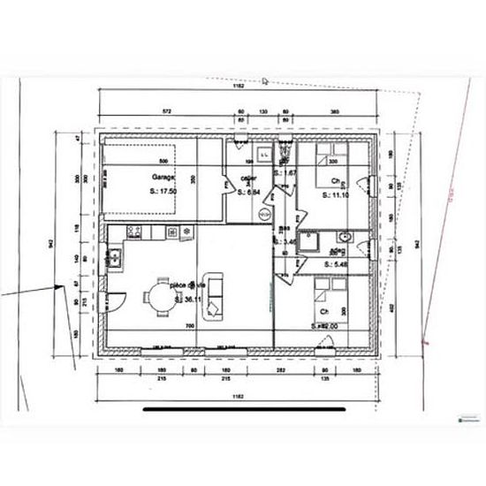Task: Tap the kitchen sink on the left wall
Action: [115, 258]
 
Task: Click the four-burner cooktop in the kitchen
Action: [135, 232]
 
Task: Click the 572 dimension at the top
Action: [162, 111]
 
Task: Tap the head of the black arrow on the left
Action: [60, 285]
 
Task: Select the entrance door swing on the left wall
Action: [114, 300]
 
